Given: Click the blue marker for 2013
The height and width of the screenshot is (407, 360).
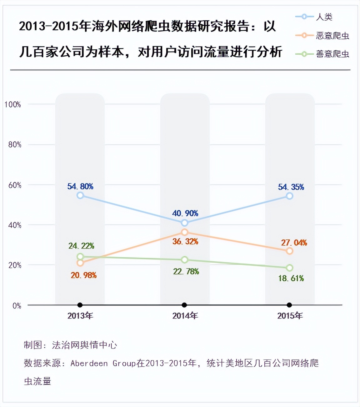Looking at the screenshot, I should click(80, 195).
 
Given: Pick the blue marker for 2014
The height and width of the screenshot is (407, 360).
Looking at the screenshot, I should click(184, 223).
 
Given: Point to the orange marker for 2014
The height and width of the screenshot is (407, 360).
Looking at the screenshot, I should click(184, 232).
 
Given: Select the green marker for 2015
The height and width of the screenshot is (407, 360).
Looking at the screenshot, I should click(290, 268).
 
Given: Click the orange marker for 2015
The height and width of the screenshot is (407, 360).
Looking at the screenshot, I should click(290, 251).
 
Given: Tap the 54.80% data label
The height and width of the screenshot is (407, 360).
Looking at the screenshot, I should click(80, 187).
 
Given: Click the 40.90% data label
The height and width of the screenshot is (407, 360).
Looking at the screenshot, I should click(185, 214).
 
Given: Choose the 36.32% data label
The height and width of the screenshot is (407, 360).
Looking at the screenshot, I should click(185, 242).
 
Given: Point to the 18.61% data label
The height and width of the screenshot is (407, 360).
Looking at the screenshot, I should click(291, 279).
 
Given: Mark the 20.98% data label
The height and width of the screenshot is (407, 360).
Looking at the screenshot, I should click(83, 275).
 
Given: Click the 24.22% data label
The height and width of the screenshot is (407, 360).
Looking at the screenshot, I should click(81, 246).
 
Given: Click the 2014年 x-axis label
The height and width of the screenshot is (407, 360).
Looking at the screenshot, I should click(185, 316).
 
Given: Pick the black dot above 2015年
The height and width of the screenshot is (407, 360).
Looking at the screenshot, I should click(289, 305).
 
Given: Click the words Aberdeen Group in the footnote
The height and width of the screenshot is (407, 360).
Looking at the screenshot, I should click(103, 363).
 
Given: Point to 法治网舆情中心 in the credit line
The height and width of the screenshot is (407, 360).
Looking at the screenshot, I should click(84, 345).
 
